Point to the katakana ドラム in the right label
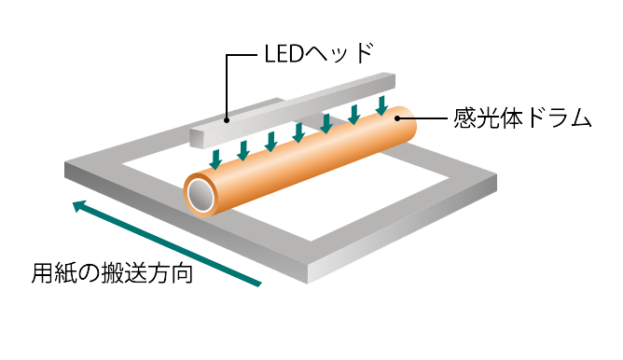pos(550,118)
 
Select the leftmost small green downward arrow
pos(215,156)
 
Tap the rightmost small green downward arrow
pos(381,104)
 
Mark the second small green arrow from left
pos(243,146)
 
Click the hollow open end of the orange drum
pos(201,193)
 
